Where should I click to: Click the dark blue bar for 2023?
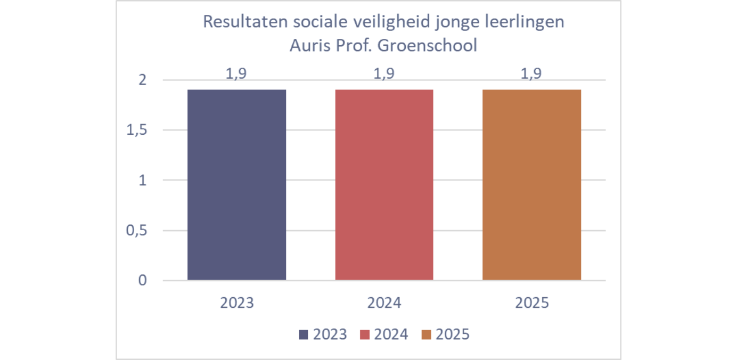click(x=237, y=185)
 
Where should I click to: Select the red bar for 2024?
click(x=384, y=185)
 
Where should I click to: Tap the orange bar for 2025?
click(x=531, y=185)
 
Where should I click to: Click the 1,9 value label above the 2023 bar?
click(x=236, y=74)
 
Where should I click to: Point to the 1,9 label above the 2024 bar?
click(x=384, y=74)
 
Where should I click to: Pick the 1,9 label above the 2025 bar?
click(x=531, y=74)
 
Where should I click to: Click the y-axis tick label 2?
click(x=142, y=80)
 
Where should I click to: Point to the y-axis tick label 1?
click(x=142, y=181)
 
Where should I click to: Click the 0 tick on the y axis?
click(x=142, y=281)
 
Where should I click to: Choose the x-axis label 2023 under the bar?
click(x=237, y=303)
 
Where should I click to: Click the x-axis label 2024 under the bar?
click(x=384, y=303)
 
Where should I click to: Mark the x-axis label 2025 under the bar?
click(x=531, y=303)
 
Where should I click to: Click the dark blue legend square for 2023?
click(x=304, y=335)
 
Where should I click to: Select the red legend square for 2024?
click(x=365, y=335)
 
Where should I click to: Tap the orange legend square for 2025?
click(x=426, y=335)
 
